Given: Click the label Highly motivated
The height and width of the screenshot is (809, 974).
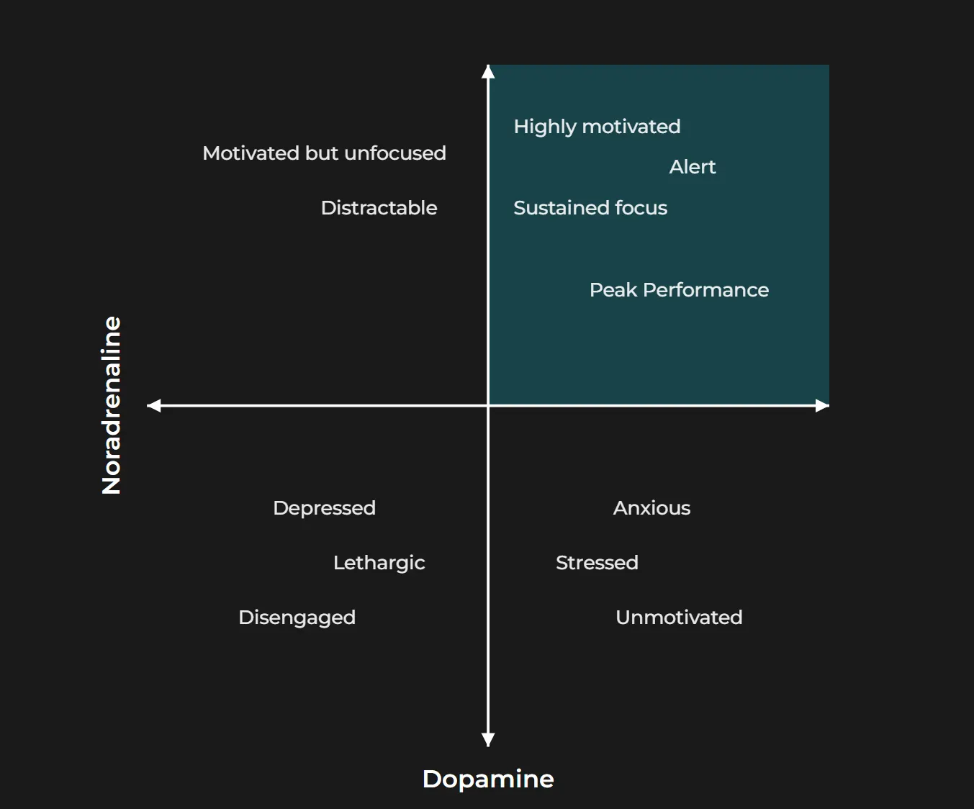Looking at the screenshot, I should tap(597, 127).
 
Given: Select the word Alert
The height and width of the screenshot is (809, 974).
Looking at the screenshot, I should tap(693, 167).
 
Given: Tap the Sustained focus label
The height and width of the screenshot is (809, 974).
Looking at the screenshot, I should tap(590, 208).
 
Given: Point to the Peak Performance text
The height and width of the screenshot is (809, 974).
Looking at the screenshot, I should tap(679, 290).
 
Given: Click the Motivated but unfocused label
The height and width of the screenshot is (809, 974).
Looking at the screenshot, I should tap(324, 153).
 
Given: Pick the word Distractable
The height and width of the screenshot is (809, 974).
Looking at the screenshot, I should tap(379, 208).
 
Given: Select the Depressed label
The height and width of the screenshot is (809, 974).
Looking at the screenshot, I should tap(324, 508).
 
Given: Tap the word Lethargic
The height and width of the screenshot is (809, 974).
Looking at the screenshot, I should tap(379, 563).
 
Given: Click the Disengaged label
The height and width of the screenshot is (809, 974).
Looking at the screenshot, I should tap(297, 618).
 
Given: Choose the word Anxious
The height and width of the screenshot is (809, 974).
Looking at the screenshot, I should tap(651, 508).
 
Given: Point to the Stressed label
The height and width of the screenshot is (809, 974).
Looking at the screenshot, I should tap(597, 563).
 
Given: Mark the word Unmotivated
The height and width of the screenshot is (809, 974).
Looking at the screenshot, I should tap(679, 618).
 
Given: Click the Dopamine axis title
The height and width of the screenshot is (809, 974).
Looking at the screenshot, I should tap(488, 779).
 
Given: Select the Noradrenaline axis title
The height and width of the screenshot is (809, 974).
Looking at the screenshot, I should tap(112, 405).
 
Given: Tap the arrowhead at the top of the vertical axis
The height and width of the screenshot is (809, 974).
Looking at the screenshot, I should tap(488, 71).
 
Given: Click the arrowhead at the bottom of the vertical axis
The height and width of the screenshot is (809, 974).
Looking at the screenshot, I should tap(488, 740).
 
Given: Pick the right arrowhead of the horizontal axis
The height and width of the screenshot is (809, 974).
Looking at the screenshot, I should tap(822, 406).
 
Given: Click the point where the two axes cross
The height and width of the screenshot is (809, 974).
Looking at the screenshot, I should tap(488, 406).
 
